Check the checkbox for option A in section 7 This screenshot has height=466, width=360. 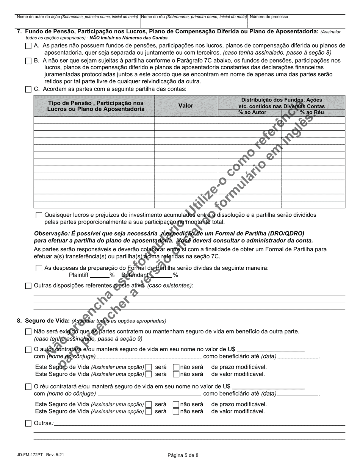pyautogui.click(x=28, y=46)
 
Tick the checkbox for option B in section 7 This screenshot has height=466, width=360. pyautogui.click(x=28, y=61)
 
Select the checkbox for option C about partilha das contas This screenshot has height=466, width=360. pyautogui.click(x=28, y=90)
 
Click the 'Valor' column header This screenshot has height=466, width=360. pyautogui.click(x=186, y=106)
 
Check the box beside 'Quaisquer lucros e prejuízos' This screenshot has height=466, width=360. pyautogui.click(x=39, y=215)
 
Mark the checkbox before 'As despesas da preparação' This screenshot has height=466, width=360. pyautogui.click(x=39, y=268)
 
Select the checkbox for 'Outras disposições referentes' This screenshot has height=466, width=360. pyautogui.click(x=28, y=286)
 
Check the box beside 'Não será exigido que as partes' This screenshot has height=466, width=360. pyautogui.click(x=28, y=332)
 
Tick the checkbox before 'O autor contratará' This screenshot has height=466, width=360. pyautogui.click(x=28, y=349)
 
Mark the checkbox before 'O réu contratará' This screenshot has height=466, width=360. pyautogui.click(x=28, y=387)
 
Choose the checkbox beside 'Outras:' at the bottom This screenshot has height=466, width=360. pyautogui.click(x=28, y=424)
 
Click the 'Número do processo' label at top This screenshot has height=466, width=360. pyautogui.click(x=269, y=17)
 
